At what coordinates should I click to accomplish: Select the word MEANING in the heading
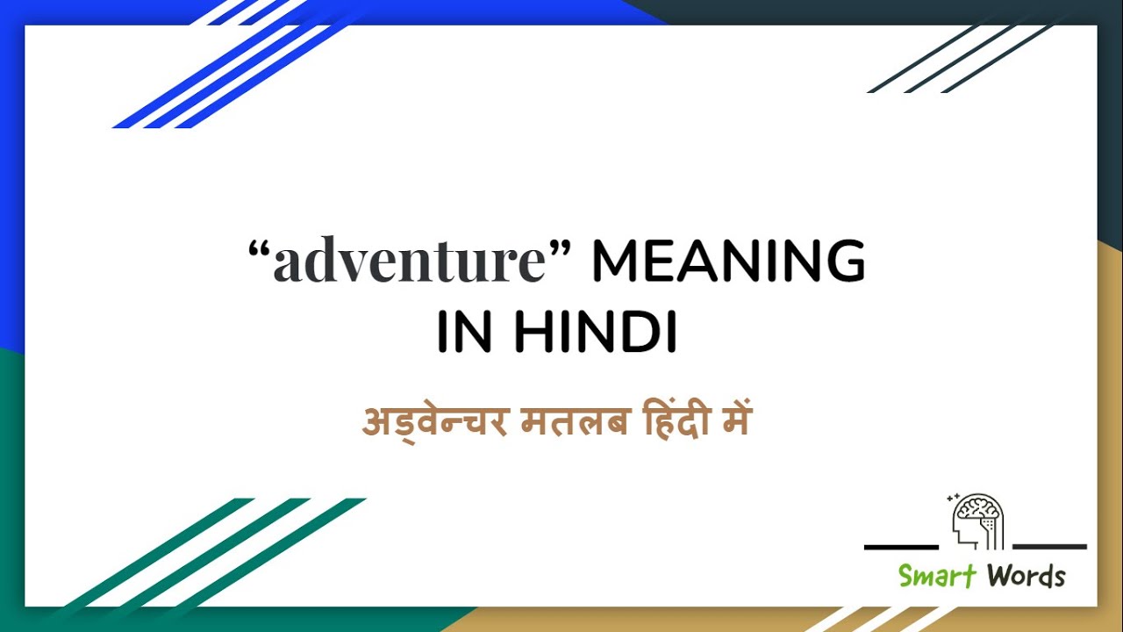tap(728, 262)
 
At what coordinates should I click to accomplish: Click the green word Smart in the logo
tap(936, 576)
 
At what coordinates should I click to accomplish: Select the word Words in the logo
tap(1026, 576)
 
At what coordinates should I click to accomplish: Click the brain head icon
tap(977, 521)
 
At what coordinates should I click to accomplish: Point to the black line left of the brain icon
tap(901, 547)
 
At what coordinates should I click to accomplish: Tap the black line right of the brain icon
tap(1049, 547)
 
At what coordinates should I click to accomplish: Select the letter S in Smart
tap(906, 576)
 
